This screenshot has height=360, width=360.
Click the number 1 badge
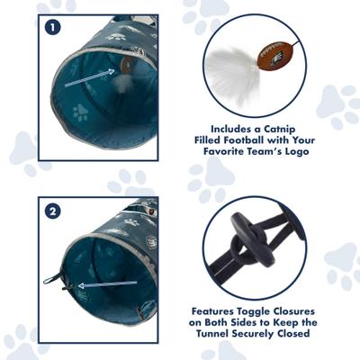(52, 27)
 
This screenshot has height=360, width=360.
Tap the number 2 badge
(52, 212)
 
